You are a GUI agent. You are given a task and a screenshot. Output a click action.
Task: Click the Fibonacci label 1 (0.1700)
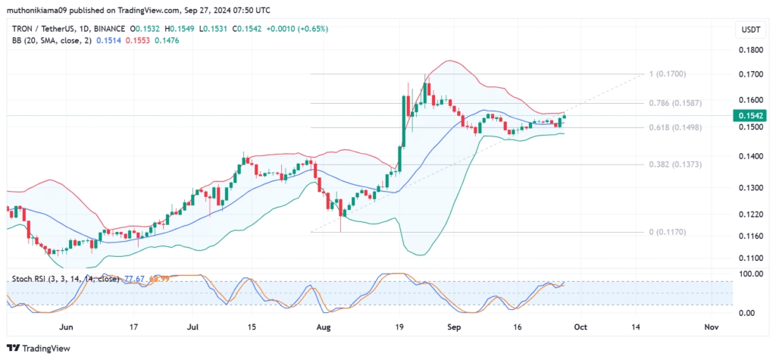pos(667,74)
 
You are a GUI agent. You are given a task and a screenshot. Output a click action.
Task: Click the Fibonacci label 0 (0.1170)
pos(667,232)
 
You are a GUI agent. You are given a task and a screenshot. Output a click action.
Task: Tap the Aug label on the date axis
pos(324,327)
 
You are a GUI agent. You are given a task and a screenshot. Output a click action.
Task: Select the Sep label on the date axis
pos(454,327)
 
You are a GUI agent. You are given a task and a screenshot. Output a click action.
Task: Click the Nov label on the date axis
pos(710,327)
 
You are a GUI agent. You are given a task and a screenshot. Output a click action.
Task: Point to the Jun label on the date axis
pos(66,327)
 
